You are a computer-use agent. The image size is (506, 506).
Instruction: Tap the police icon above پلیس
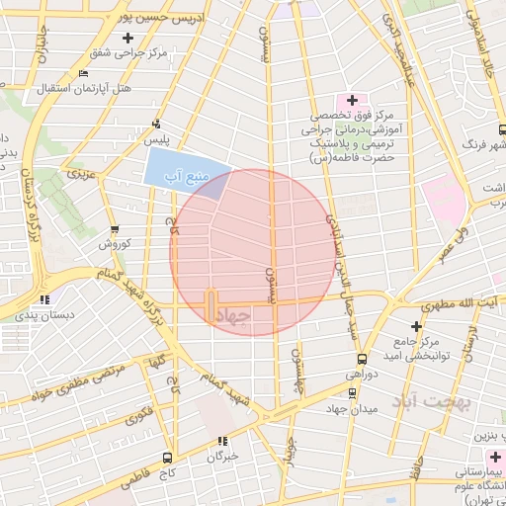[156, 125]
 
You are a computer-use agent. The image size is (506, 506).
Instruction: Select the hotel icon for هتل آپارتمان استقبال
[83, 73]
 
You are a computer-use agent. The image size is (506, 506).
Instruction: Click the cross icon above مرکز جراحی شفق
[127, 39]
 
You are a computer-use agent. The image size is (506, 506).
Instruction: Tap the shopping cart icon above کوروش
[114, 229]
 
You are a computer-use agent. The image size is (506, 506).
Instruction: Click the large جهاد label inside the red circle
[233, 313]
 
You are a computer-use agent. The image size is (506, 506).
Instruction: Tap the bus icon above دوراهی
[362, 359]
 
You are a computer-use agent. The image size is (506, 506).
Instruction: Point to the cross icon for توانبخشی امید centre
[416, 325]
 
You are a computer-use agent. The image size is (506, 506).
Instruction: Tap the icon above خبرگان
[222, 441]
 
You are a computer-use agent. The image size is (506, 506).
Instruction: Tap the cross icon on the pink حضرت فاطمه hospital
[352, 100]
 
